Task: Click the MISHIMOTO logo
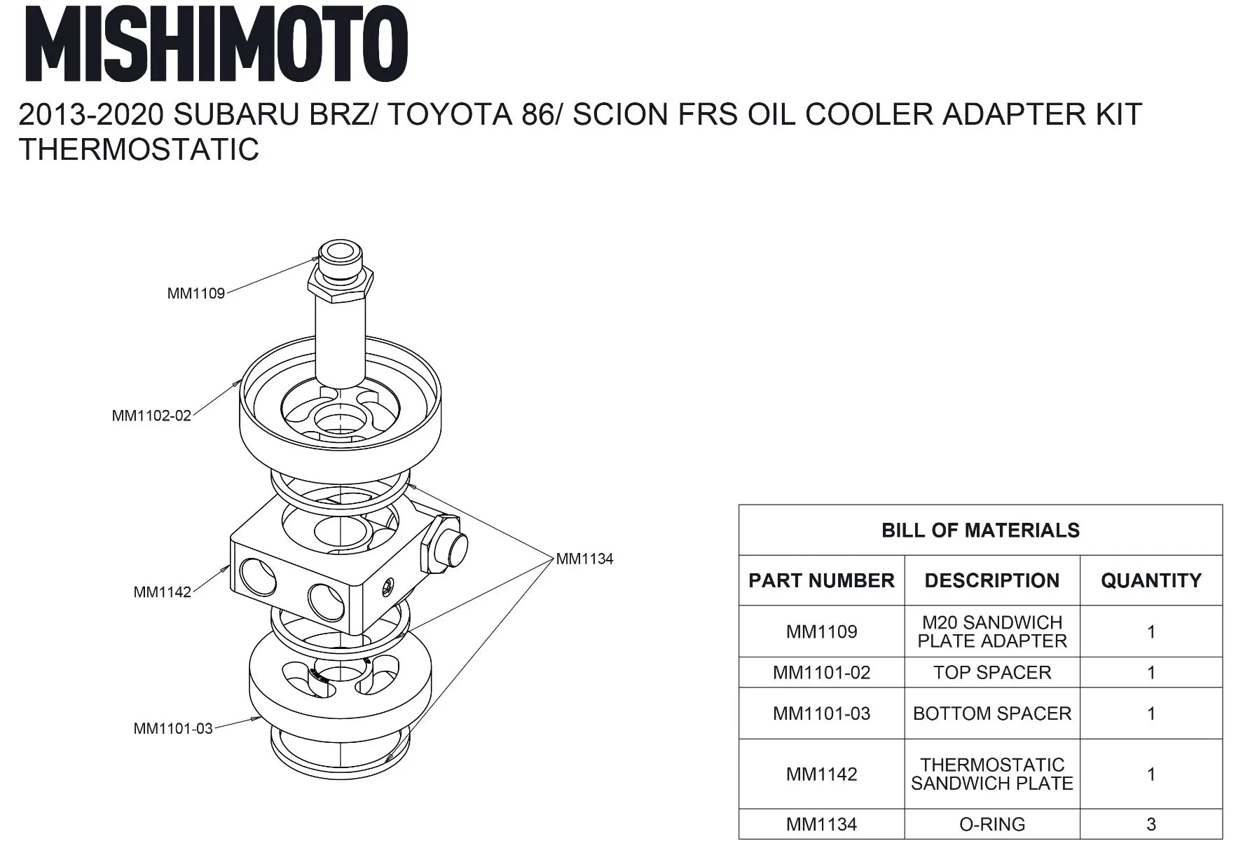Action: pos(216,43)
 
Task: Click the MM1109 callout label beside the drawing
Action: pos(196,294)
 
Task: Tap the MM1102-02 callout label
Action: pos(151,416)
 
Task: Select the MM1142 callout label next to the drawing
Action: pos(163,592)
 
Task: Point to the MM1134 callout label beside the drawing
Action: pos(584,559)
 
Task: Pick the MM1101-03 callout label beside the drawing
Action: pos(173,729)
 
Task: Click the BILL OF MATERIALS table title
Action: pos(980,531)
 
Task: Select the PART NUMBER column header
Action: pos(821,581)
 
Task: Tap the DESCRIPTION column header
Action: pos(991,581)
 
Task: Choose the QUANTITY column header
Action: pos(1151,581)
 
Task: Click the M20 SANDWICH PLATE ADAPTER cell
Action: pos(992,631)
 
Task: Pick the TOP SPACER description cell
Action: pos(992,673)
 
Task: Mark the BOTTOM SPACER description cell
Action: pos(992,713)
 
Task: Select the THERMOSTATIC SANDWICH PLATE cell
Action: pos(992,774)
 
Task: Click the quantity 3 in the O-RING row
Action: pos(1151,825)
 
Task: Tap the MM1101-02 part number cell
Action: pos(821,673)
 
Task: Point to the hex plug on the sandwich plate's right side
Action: pos(442,544)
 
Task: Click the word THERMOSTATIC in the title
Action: pos(139,149)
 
